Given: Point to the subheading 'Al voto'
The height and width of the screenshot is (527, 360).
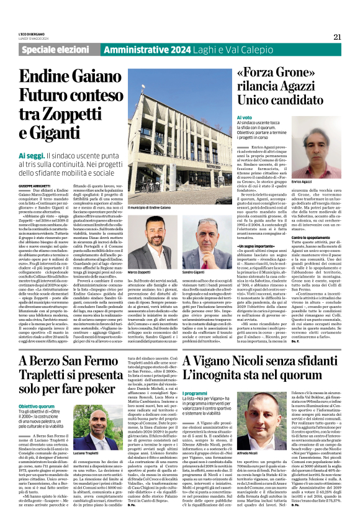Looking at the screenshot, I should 245,117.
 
